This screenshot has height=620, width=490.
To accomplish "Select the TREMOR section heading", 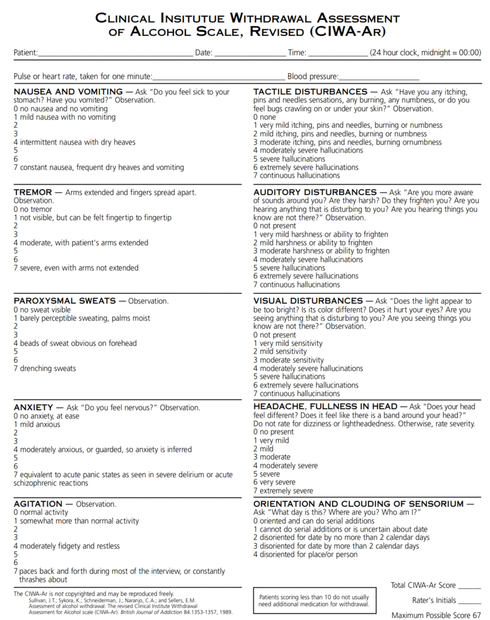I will click(33, 193).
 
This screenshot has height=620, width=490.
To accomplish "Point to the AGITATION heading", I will click(38, 504).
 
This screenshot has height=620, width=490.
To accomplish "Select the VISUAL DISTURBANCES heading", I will click(308, 301).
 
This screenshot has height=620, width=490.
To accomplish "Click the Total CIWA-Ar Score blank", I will click(469, 587).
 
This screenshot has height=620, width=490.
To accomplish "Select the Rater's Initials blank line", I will click(469, 601).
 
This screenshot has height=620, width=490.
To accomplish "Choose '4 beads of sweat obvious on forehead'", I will click(75, 343).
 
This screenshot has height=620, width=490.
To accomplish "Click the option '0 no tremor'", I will click(34, 209).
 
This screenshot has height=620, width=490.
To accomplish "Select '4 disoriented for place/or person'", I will click(305, 554).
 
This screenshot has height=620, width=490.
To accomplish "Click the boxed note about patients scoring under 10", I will click(314, 600).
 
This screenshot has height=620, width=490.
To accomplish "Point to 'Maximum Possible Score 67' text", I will click(436, 615).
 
